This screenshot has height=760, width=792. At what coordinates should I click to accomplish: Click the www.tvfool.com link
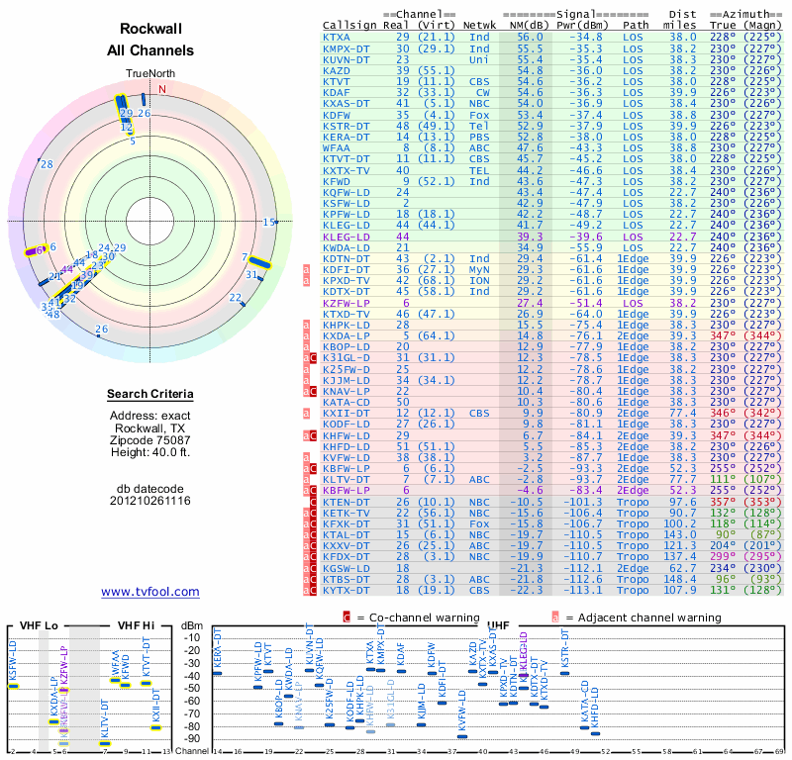pos(149,592)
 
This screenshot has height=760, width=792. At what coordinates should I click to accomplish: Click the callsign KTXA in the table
pos(337,36)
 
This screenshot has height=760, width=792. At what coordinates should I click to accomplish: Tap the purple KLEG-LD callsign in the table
pos(346,237)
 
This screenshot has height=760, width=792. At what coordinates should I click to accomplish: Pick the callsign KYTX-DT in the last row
pos(346,590)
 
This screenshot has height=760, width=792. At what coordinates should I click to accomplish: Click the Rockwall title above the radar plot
pos(150,30)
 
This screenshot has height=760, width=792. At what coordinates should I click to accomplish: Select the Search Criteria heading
pos(150,395)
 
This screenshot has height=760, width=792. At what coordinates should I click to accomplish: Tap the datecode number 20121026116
pos(150,501)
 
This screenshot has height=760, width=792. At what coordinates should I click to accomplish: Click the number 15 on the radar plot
pos(268,223)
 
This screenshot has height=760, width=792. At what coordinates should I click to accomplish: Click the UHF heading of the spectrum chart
pos(498,626)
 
